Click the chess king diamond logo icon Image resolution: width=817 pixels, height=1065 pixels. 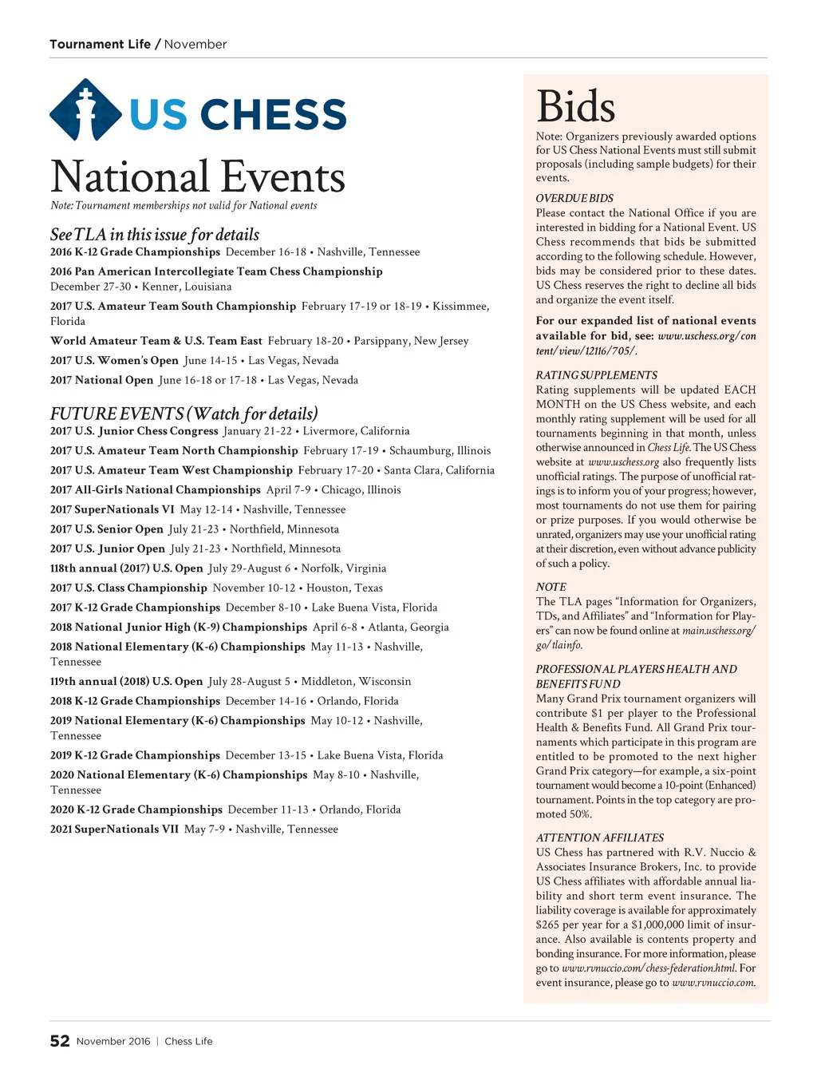tap(85, 110)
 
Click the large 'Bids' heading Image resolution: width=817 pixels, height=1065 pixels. tap(575, 106)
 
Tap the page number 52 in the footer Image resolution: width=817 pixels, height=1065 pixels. tap(60, 1041)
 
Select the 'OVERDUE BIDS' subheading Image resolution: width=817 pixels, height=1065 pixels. tap(574, 198)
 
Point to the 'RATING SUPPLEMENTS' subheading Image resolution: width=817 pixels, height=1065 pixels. tap(596, 375)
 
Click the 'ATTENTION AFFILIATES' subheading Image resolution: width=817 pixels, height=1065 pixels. tap(599, 837)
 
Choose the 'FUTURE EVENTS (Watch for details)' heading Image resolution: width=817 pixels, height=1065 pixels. tap(184, 414)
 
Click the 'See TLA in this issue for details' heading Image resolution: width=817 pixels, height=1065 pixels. tap(155, 234)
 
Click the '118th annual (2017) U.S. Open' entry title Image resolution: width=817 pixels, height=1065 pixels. tap(126, 568)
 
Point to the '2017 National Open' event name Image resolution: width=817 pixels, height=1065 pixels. tap(101, 380)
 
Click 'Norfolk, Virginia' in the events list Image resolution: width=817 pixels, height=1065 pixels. tap(344, 568)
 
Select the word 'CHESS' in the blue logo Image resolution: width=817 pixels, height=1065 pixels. tap(273, 114)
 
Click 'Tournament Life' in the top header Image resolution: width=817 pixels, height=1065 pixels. tap(100, 44)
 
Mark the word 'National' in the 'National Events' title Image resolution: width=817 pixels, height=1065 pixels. tap(129, 177)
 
